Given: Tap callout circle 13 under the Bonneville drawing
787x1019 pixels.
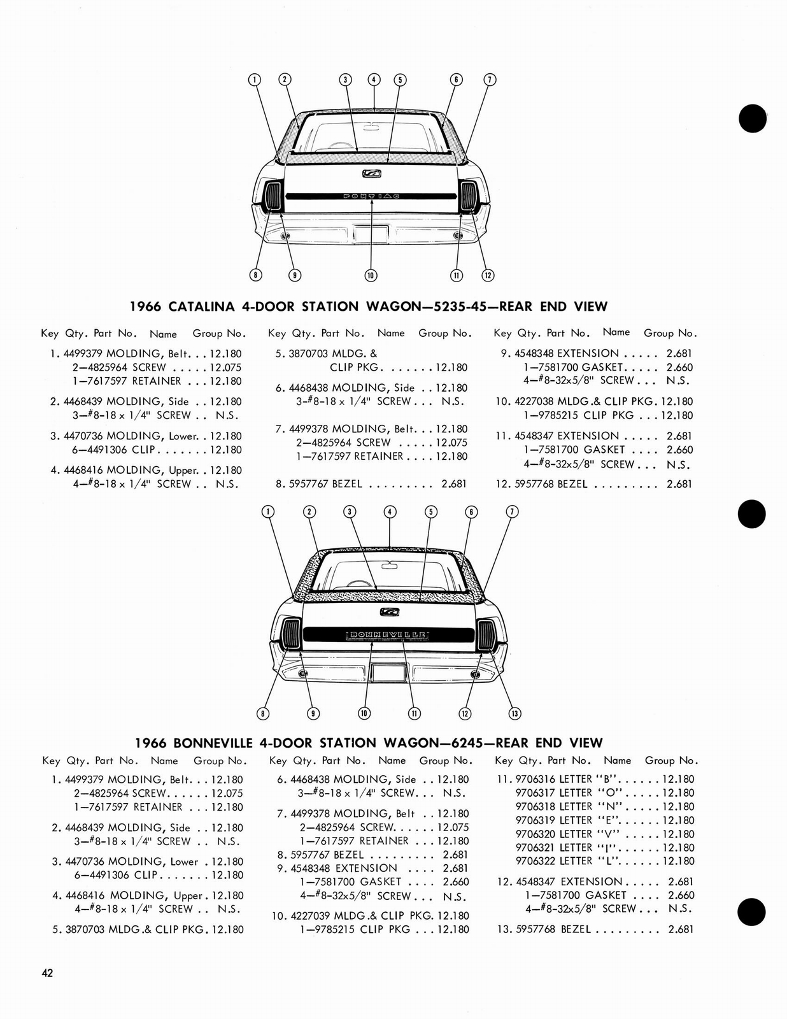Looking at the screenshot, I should click(x=515, y=713).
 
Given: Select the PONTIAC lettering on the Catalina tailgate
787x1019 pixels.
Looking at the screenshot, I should click(x=371, y=196).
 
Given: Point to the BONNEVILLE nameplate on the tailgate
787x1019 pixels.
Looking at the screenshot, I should click(x=387, y=635).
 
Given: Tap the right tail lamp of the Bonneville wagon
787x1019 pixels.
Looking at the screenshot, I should click(x=486, y=634).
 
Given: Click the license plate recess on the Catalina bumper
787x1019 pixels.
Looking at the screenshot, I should click(x=371, y=233).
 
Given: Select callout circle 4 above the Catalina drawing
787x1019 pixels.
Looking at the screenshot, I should click(x=374, y=80).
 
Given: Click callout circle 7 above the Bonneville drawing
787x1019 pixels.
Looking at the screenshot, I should click(x=512, y=512).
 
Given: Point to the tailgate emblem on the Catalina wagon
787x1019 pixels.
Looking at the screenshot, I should click(x=371, y=173).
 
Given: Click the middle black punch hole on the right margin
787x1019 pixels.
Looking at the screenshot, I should click(x=752, y=513).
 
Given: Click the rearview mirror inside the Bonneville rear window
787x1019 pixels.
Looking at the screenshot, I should click(x=388, y=564).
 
